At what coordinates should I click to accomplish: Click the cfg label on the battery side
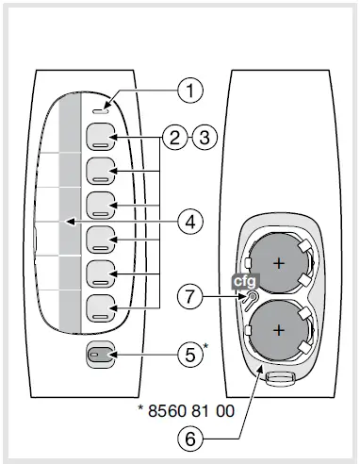pos(245,281)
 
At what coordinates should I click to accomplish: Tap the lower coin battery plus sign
pos(279,330)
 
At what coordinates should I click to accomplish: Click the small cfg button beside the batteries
pos(250,299)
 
